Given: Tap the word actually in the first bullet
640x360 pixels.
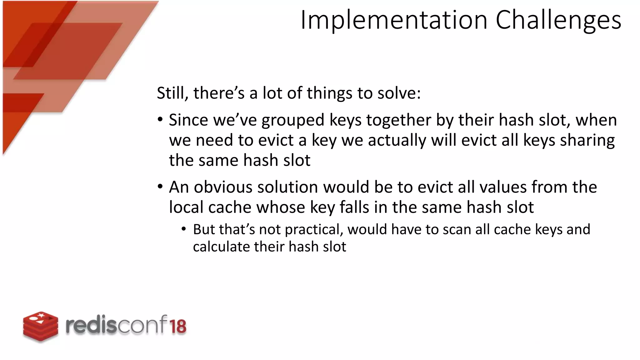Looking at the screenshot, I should coord(397,140).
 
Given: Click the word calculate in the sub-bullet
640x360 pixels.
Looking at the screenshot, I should coord(222,247).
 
